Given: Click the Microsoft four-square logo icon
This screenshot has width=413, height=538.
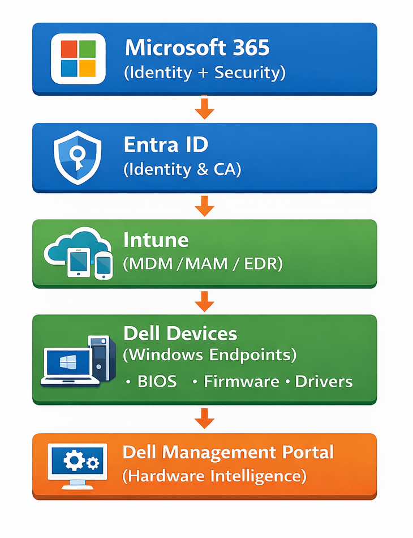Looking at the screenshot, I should click(78, 58).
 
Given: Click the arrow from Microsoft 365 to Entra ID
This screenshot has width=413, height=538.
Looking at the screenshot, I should click(204, 108).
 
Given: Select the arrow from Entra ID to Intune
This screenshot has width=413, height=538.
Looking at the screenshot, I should click(204, 206).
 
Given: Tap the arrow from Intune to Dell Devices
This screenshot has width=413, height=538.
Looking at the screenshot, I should click(204, 301).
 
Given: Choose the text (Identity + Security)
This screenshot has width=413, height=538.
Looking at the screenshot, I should click(205, 72).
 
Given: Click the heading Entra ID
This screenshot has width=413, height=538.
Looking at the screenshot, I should click(166, 145).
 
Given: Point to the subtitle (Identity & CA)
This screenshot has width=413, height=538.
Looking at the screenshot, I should click(182, 169).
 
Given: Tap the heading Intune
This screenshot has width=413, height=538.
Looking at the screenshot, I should click(156, 240).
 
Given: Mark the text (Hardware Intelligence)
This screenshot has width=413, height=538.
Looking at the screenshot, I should click(214, 476).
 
